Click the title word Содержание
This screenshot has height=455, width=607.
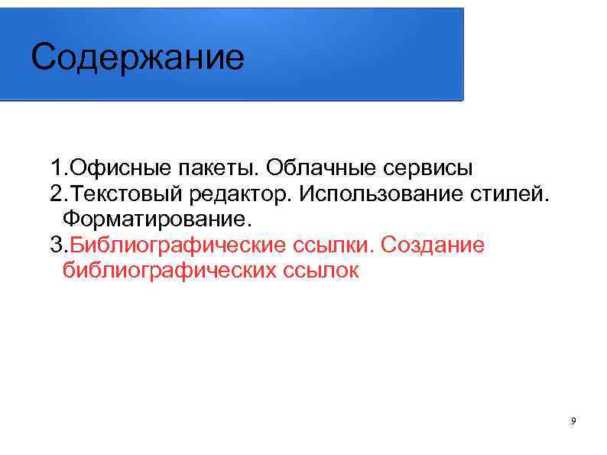tap(138, 58)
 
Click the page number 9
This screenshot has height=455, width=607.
tap(573, 422)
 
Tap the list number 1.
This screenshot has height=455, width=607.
tap(56, 167)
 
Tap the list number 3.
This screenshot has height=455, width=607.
tap(56, 245)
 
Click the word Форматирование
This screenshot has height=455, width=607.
tap(156, 219)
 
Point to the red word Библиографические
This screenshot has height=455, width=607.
tap(177, 245)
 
